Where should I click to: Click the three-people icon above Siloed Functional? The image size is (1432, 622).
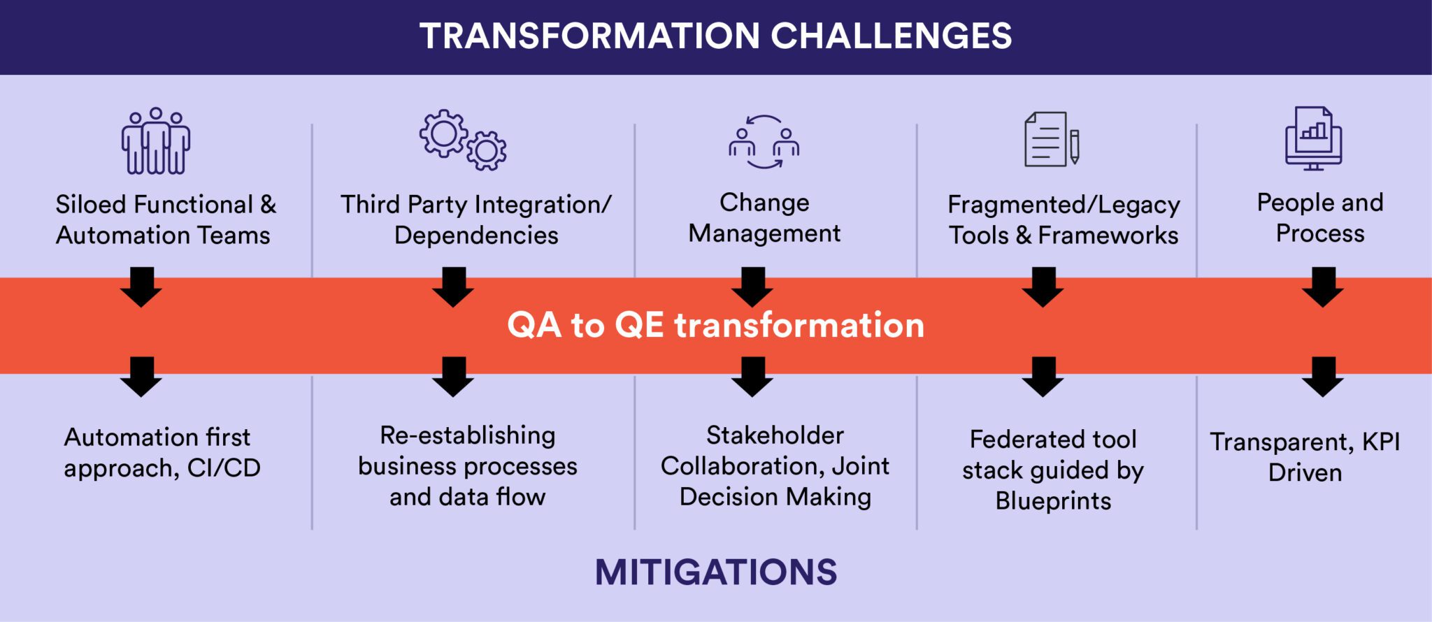coord(155,140)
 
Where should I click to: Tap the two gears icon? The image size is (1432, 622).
coord(463,140)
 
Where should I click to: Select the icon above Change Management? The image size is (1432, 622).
coord(764,142)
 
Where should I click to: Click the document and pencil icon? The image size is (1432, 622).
coord(1052,140)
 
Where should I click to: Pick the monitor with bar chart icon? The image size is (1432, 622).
coord(1313,138)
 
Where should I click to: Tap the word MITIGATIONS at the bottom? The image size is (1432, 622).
coord(715,572)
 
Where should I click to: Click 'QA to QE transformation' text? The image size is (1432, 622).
coord(715,325)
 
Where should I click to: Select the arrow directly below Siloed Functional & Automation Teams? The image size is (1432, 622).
coord(141,287)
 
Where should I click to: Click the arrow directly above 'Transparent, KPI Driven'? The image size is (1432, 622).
coord(1322,377)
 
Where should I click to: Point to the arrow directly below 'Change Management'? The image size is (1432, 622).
coord(752,287)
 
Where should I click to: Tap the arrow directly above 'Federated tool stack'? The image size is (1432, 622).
coord(1043,377)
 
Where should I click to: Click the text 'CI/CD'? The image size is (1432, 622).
coord(224,468)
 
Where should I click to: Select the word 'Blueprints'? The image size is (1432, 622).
coord(1053,501)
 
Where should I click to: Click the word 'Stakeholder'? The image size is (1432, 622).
coord(775,435)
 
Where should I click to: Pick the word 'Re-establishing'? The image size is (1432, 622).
coord(467,435)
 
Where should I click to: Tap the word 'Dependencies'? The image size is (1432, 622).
coord(475,236)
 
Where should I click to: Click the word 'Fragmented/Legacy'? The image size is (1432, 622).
coord(1064,205)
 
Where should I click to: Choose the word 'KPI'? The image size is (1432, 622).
coord(1380,442)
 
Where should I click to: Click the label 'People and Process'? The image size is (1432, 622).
coord(1319,217)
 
